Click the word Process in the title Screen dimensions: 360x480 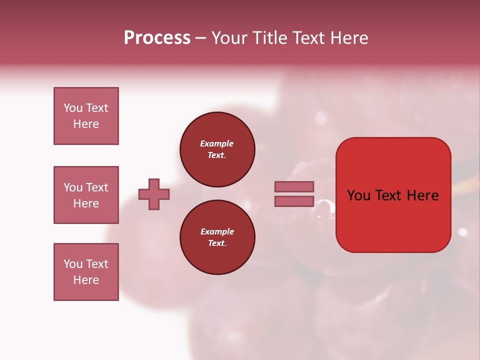[x=157, y=38]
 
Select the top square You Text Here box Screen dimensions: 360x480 [x=86, y=116]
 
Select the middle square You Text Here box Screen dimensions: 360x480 [x=86, y=195]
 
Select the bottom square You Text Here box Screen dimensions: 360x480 [x=86, y=272]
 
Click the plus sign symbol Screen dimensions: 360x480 [x=154, y=194]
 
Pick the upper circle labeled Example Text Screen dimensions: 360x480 [x=217, y=149]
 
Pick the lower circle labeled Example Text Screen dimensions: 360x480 [x=217, y=237]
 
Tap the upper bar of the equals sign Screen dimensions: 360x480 [x=294, y=186]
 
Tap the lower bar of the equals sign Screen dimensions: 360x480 [x=294, y=201]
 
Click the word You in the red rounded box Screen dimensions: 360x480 [x=358, y=195]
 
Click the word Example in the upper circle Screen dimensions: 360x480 [x=217, y=143]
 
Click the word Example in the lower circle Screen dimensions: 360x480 [x=217, y=231]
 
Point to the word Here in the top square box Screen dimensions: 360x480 [x=86, y=124]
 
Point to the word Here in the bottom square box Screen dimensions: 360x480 [x=86, y=280]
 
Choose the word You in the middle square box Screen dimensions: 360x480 [x=72, y=187]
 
